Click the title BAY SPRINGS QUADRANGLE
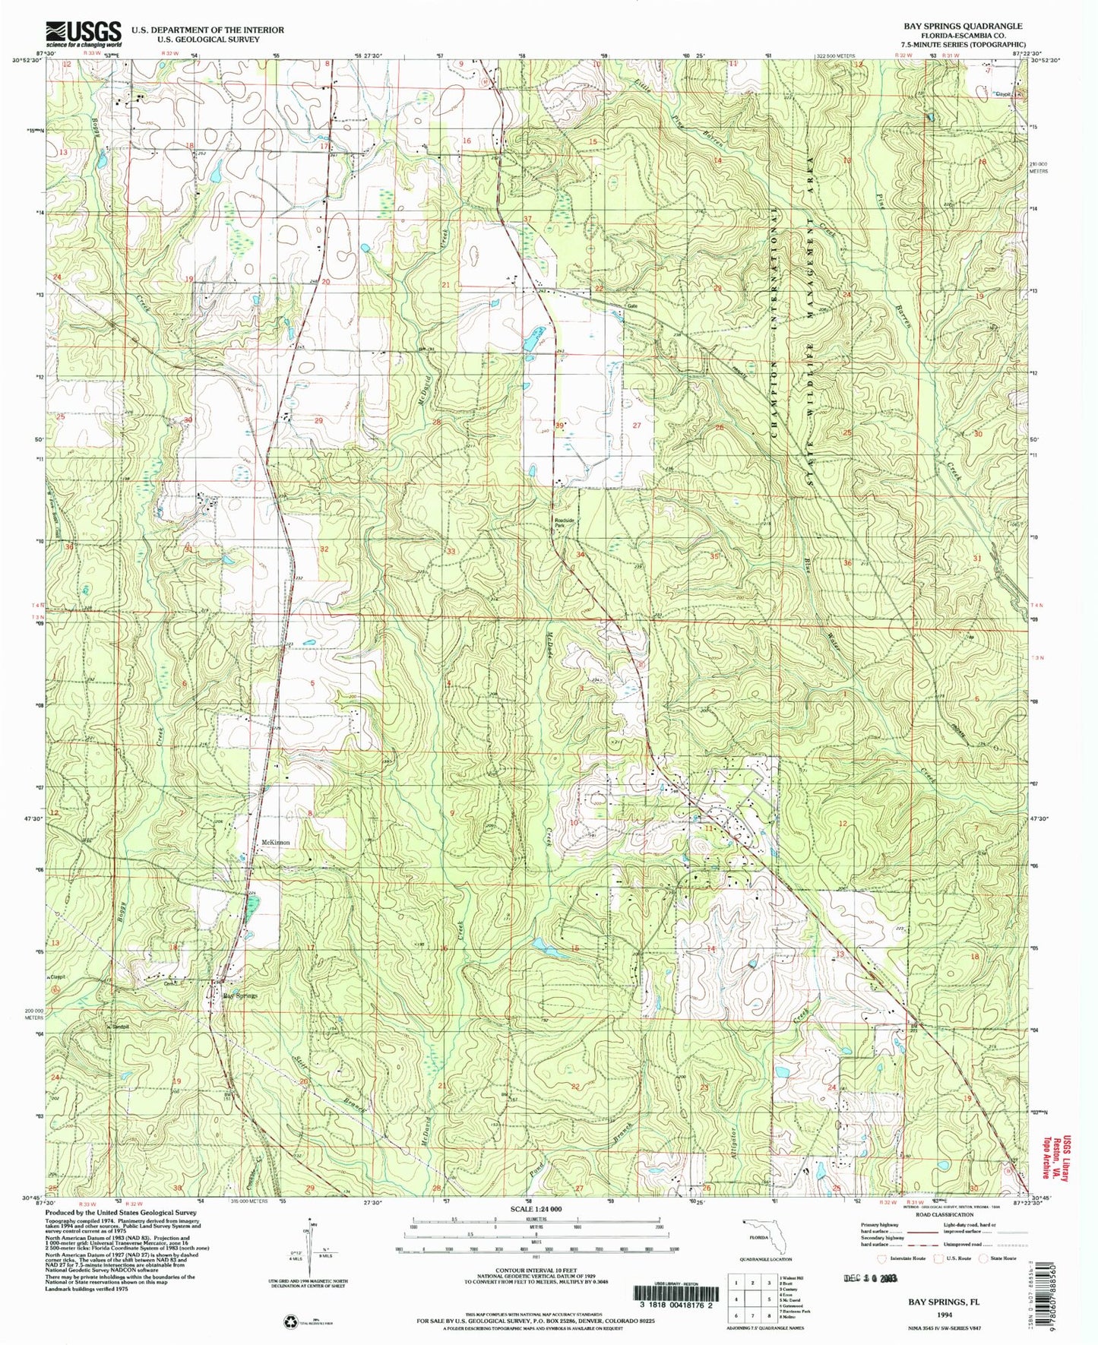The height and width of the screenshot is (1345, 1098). click(x=962, y=26)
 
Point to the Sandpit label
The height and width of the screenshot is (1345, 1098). click(x=119, y=1025)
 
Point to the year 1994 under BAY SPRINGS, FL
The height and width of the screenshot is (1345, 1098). click(x=944, y=1314)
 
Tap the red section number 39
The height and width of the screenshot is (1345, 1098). click(x=559, y=426)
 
